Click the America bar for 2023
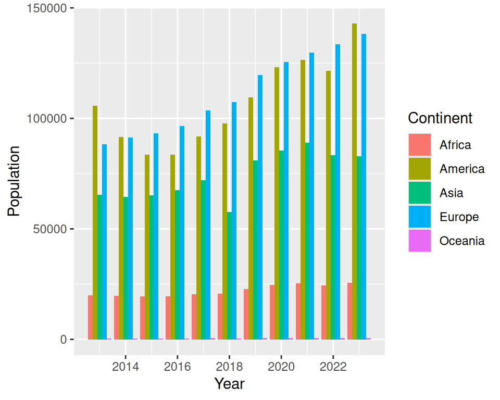(x=354, y=181)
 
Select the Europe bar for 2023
(x=364, y=186)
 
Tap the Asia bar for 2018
(x=230, y=276)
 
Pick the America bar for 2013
(x=95, y=222)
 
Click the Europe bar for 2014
(x=130, y=239)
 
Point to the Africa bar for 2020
(x=272, y=312)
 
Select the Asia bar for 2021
(x=307, y=241)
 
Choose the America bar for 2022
(x=329, y=205)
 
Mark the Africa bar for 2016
(x=168, y=318)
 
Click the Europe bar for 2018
(x=234, y=221)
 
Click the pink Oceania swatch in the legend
(x=420, y=241)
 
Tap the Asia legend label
(x=451, y=193)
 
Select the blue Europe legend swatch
(x=420, y=217)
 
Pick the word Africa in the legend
(x=455, y=145)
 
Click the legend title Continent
(x=440, y=118)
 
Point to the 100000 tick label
(x=46, y=119)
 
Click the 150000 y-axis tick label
(x=46, y=8)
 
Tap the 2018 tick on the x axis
(x=229, y=367)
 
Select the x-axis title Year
(x=229, y=383)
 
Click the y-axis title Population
(x=14, y=181)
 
